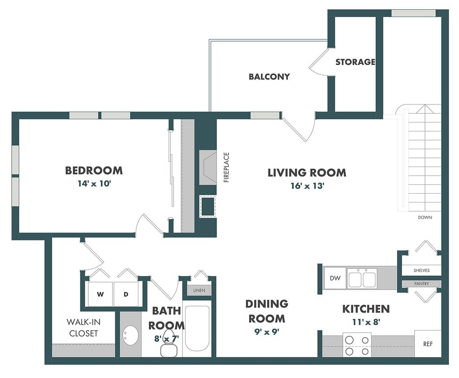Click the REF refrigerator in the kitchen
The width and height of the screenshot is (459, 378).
pyautogui.click(x=428, y=344)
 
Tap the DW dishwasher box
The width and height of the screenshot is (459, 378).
pyautogui.click(x=335, y=278)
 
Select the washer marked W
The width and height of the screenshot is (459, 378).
pyautogui.click(x=100, y=294)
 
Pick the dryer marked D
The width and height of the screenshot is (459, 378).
pyautogui.click(x=126, y=294)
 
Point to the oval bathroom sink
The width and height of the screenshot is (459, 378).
pyautogui.click(x=130, y=335)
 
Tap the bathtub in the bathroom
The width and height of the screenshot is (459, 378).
pyautogui.click(x=197, y=328)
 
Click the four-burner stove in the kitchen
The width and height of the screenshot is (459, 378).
pyautogui.click(x=357, y=345)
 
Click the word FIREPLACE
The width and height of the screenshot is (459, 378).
pyautogui.click(x=226, y=167)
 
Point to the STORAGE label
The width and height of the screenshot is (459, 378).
pyautogui.click(x=355, y=62)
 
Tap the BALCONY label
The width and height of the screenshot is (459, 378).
pyautogui.click(x=269, y=76)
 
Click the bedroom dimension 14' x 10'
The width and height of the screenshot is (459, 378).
pyautogui.click(x=94, y=183)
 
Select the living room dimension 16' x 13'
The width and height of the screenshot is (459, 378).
pyautogui.click(x=307, y=186)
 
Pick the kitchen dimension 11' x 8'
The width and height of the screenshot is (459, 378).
pyautogui.click(x=366, y=322)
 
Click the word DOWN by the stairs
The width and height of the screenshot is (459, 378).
pyautogui.click(x=425, y=217)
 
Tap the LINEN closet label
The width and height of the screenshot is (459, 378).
pyautogui.click(x=199, y=291)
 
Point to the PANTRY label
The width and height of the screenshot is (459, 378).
pyautogui.click(x=421, y=284)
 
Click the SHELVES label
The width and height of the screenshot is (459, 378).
pyautogui.click(x=421, y=270)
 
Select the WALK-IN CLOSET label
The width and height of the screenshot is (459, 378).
pyautogui.click(x=83, y=328)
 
